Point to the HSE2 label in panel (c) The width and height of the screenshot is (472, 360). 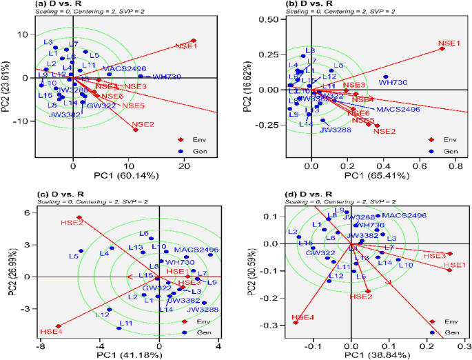pyautogui.click(x=71, y=223)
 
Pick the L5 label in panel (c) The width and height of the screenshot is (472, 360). pyautogui.click(x=73, y=256)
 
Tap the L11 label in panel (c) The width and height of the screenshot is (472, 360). pyautogui.click(x=125, y=323)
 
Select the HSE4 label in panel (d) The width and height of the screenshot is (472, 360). pyautogui.click(x=302, y=317)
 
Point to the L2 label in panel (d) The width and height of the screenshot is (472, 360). pyautogui.click(x=293, y=232)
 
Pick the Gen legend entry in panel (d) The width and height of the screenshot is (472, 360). pyautogui.click(x=452, y=332)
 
